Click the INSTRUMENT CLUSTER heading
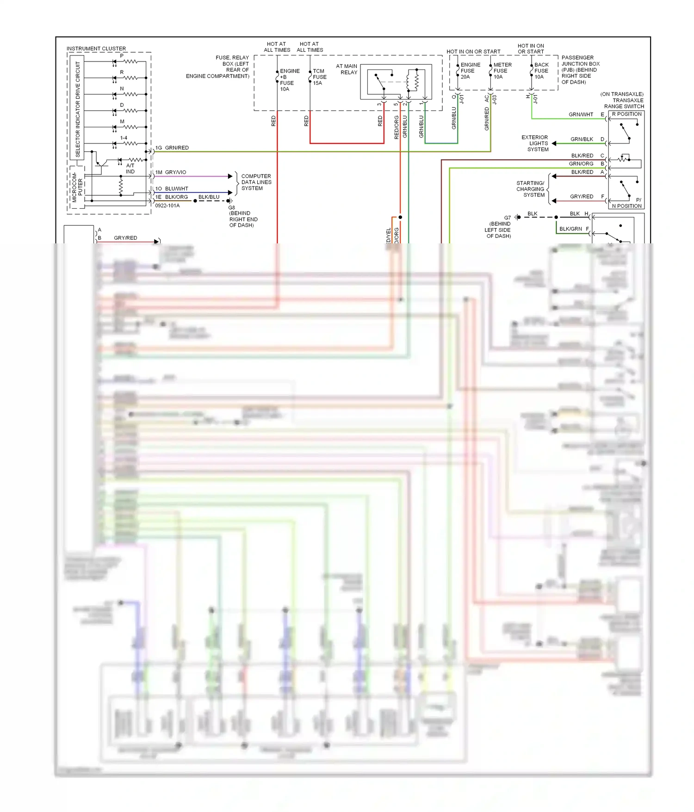tap(96, 49)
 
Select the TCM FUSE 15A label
tap(319, 77)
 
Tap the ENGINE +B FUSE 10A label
tap(289, 80)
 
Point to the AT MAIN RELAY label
tap(347, 69)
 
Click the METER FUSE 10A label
tap(502, 71)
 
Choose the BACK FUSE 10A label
tap(541, 71)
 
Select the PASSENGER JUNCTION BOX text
tap(580, 61)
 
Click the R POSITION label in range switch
tap(626, 114)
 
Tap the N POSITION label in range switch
tap(626, 206)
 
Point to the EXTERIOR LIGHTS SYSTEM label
tap(535, 143)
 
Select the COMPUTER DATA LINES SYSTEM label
tap(256, 182)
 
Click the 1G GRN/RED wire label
tap(172, 148)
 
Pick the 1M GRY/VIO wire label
tap(171, 172)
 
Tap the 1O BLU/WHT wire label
tap(172, 189)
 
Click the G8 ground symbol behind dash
tap(230, 201)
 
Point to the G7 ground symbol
tap(518, 217)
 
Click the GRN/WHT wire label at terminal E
tap(581, 115)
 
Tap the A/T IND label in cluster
tap(130, 168)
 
